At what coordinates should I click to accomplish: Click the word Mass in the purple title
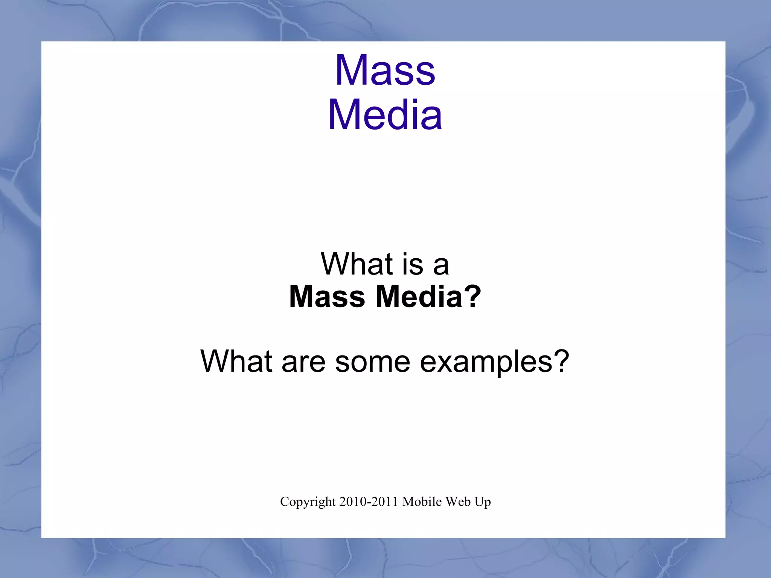(x=385, y=70)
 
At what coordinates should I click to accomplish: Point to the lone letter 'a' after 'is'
(x=441, y=265)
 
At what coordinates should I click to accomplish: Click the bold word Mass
(x=327, y=297)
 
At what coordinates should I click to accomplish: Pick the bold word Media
(x=419, y=297)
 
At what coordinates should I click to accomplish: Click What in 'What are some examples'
(x=236, y=361)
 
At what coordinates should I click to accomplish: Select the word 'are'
(x=303, y=363)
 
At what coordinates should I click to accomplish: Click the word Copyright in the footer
(x=308, y=502)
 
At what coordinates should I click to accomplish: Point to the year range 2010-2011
(x=369, y=502)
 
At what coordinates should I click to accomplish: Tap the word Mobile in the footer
(x=422, y=502)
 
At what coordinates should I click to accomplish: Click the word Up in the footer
(x=483, y=502)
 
